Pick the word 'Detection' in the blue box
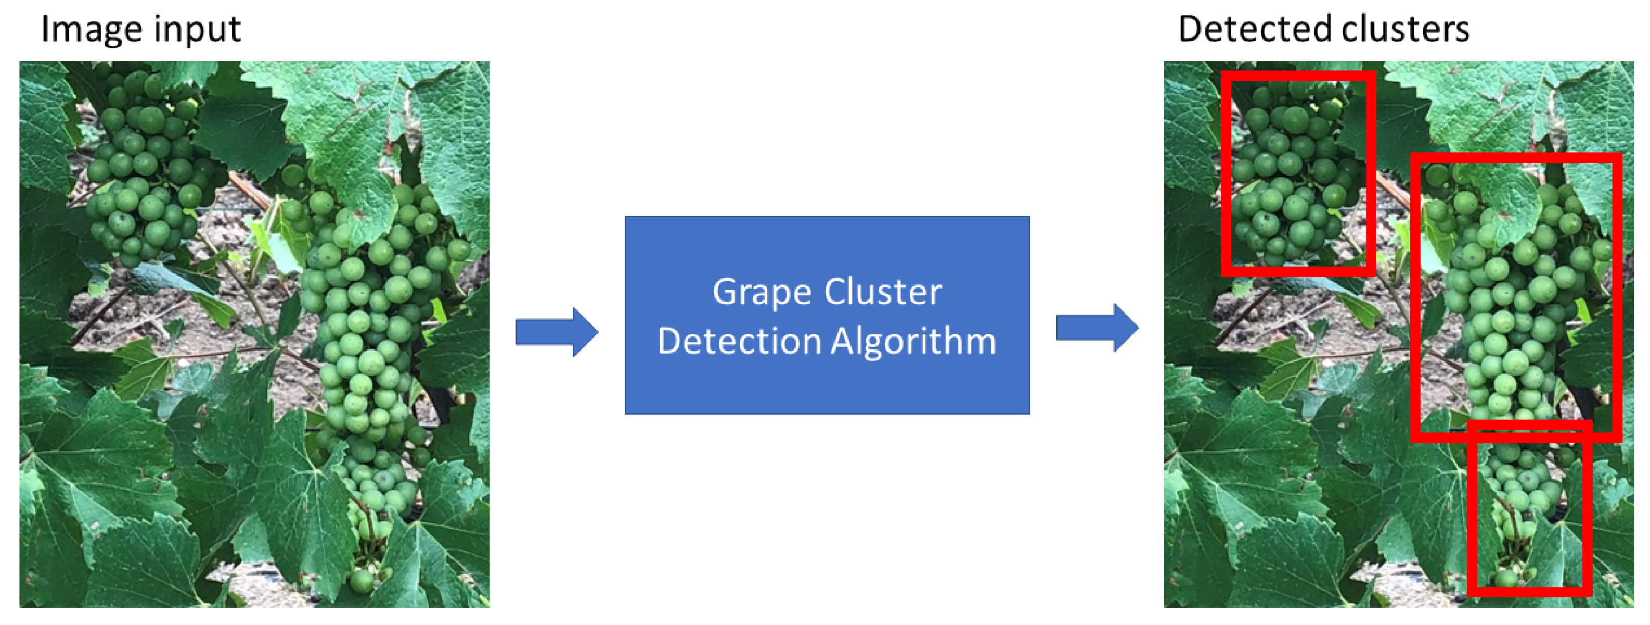739,341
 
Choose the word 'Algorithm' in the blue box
913,341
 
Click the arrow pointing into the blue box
556,332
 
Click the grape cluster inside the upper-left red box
1294,173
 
